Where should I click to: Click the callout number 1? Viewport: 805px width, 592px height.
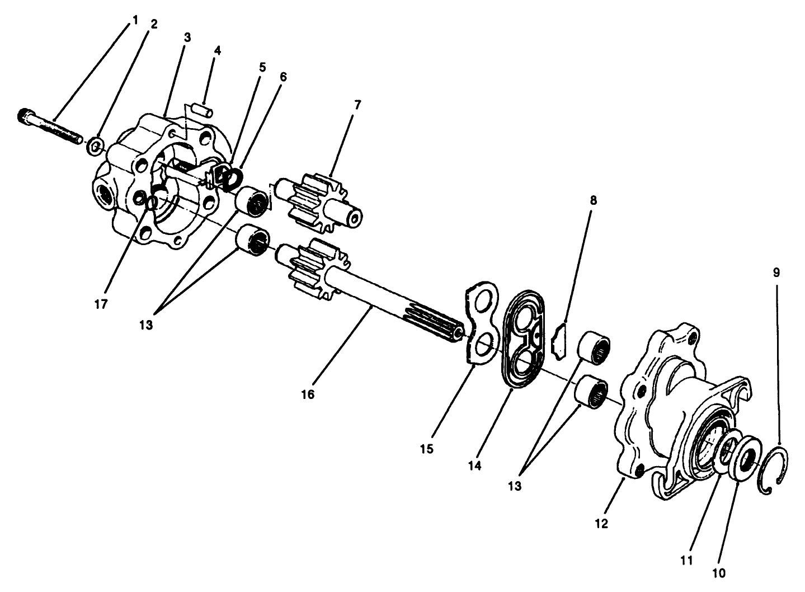click(x=135, y=20)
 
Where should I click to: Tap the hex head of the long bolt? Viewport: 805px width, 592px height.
click(x=25, y=116)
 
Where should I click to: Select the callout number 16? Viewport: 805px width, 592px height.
click(x=307, y=394)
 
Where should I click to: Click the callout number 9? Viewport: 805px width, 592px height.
click(x=776, y=273)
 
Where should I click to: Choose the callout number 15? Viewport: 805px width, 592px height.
click(x=427, y=449)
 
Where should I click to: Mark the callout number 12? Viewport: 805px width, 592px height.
click(x=602, y=524)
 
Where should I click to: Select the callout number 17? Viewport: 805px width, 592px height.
click(x=102, y=304)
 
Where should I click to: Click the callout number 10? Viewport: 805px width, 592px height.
click(x=719, y=573)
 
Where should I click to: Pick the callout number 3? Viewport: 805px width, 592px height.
click(x=187, y=37)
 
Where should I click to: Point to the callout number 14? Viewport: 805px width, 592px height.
click(x=474, y=465)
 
